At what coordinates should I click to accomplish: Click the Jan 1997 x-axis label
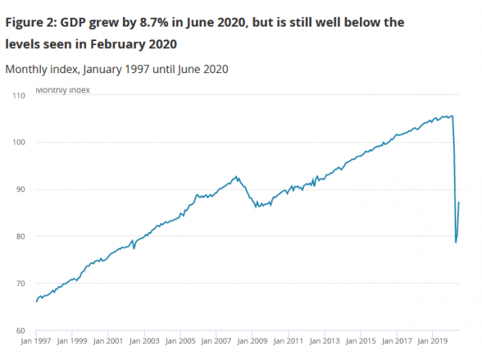pyautogui.click(x=37, y=342)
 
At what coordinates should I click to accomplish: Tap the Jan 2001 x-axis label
pyautogui.click(x=108, y=342)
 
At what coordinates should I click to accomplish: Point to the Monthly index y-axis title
pyautogui.click(x=63, y=90)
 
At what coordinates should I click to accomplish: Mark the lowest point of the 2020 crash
pyautogui.click(x=456, y=242)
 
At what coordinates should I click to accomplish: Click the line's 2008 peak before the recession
pyautogui.click(x=236, y=177)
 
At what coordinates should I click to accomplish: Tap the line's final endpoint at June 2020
pyautogui.click(x=459, y=202)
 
